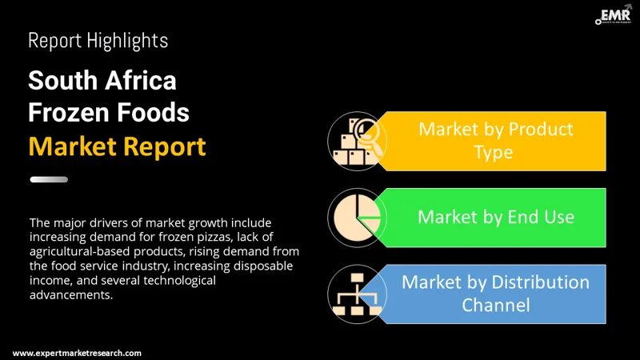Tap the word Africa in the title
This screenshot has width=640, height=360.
140,80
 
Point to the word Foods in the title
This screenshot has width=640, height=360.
156,113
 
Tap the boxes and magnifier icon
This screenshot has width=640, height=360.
353,141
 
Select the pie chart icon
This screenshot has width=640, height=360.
353,217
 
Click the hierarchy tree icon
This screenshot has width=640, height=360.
353,293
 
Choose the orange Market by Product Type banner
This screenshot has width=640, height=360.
495,140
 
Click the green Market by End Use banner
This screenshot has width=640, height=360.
495,216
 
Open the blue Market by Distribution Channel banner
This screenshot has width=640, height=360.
495,293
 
